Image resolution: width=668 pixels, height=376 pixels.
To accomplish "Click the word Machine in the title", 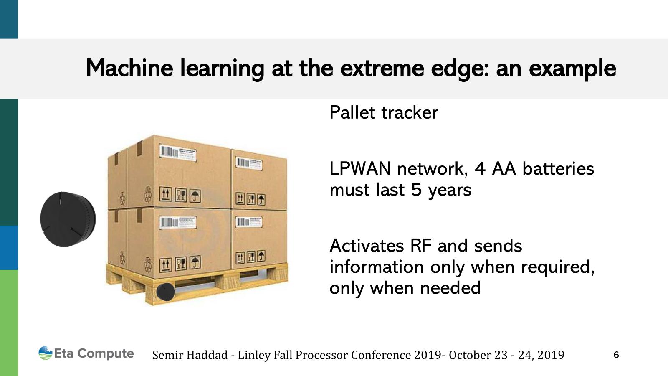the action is click(x=129, y=68).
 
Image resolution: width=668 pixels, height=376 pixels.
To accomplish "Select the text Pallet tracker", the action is click(x=384, y=113).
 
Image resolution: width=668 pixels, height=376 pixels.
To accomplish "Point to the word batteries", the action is click(x=558, y=169).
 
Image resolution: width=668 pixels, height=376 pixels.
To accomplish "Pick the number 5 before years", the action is click(x=416, y=190).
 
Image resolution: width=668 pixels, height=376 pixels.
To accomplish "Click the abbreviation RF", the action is click(x=420, y=246).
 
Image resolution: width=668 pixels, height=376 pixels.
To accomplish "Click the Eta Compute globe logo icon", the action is click(x=46, y=353).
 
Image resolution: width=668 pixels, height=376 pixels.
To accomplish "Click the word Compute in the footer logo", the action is click(x=106, y=354).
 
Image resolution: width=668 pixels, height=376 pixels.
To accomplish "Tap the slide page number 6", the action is click(x=616, y=355).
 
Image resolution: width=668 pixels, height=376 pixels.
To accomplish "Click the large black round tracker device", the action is click(x=68, y=219).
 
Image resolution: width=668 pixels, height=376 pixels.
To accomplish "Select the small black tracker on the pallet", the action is click(x=165, y=292).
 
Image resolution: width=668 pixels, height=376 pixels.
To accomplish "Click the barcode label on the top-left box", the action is click(x=178, y=153).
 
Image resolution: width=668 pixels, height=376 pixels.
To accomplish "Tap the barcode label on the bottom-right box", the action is click(x=249, y=222).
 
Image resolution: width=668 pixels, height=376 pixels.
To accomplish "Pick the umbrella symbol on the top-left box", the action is click(x=195, y=196).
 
